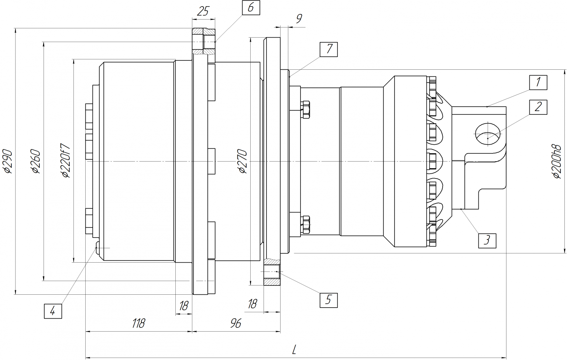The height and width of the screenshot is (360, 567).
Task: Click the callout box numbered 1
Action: coord(538,83)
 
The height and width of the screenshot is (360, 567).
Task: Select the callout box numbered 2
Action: coord(538,107)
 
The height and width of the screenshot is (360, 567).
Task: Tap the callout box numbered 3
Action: coord(487,240)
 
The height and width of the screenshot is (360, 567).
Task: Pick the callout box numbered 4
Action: coord(53,311)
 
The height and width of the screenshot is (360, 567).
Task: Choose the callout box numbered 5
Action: coord(329,300)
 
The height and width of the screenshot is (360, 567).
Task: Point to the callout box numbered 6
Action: coord(251,8)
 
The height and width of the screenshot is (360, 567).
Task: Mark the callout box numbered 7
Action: coord(329,49)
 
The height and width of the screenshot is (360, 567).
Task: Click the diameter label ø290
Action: coord(8,161)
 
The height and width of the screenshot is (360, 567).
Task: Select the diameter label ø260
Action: coord(36,161)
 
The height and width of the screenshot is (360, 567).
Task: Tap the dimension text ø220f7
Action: coord(66,160)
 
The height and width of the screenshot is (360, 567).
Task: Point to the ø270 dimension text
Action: coord(243,161)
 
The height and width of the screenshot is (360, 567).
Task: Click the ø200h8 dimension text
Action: coord(557,161)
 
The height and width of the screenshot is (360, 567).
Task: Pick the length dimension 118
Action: coord(139,323)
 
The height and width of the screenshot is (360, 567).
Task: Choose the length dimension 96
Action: coord(236,323)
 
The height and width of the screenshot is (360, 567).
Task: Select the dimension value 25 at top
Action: coord(203,11)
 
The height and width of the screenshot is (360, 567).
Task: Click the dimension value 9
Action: coord(299,18)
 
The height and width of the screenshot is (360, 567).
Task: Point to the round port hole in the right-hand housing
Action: coord(488,134)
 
